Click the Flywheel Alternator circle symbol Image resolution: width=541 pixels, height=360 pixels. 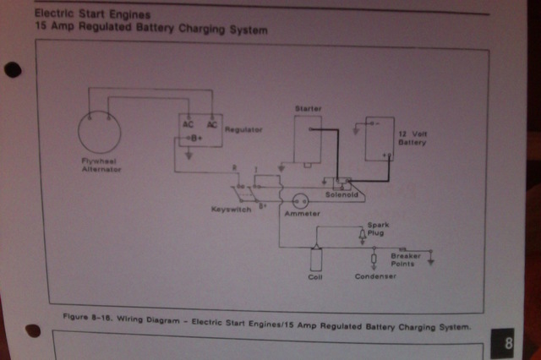pyautogui.click(x=100, y=132)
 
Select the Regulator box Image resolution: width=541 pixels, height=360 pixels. pyautogui.click(x=199, y=130)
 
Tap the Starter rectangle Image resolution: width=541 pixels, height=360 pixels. pyautogui.click(x=308, y=138)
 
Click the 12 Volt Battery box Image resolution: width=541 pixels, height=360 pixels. pyautogui.click(x=380, y=139)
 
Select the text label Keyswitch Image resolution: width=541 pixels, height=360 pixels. pyautogui.click(x=230, y=209)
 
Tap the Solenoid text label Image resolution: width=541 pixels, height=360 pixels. pyautogui.click(x=342, y=194)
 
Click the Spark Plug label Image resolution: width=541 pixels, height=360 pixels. pyautogui.click(x=376, y=229)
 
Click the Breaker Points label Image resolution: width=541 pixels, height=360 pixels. pyautogui.click(x=405, y=259)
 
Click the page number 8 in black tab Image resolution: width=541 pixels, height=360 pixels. pyautogui.click(x=509, y=344)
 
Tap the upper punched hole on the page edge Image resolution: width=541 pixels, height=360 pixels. pyautogui.click(x=13, y=70)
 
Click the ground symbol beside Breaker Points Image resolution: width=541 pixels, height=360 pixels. pyautogui.click(x=432, y=260)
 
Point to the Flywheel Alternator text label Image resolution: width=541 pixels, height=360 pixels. pyautogui.click(x=101, y=165)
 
